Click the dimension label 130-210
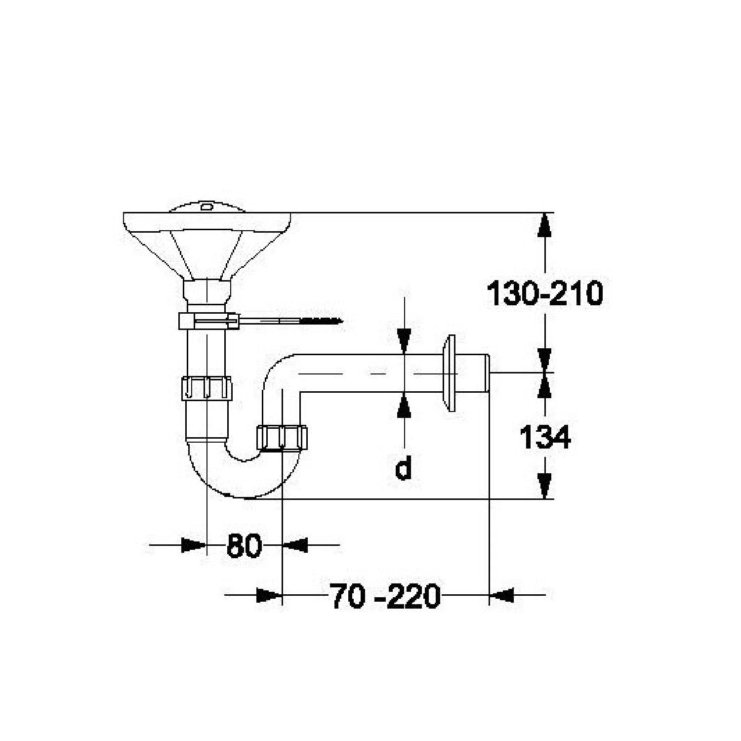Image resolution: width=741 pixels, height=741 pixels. pos(545,293)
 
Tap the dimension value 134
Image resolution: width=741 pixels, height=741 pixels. pos(545,437)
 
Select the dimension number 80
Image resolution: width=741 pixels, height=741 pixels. pos(244,545)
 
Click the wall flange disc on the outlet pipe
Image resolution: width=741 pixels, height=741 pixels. pos(450,373)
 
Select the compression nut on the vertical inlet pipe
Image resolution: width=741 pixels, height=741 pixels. pos(206,388)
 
